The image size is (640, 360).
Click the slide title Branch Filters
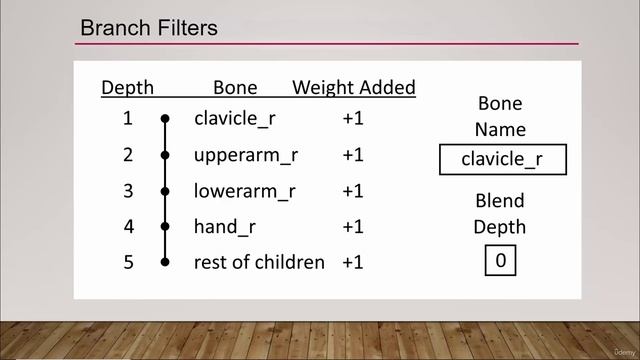pyautogui.click(x=149, y=28)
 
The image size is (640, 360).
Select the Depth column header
pyautogui.click(x=127, y=88)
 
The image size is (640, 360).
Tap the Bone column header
pyautogui.click(x=235, y=88)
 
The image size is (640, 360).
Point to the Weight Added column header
pyautogui.click(x=353, y=88)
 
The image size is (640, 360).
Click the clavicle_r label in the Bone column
pyautogui.click(x=235, y=119)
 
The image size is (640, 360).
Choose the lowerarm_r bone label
pyautogui.click(x=244, y=191)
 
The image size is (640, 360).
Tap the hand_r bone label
pyautogui.click(x=225, y=227)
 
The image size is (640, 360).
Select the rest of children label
pyautogui.click(x=259, y=263)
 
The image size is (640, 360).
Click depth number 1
pyautogui.click(x=127, y=119)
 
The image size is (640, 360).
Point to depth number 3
pyautogui.click(x=127, y=191)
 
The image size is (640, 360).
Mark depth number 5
pyautogui.click(x=127, y=263)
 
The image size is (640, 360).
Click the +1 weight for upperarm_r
pyautogui.click(x=352, y=155)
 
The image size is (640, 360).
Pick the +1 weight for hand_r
pyautogui.click(x=352, y=227)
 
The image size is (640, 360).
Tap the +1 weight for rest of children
pyautogui.click(x=352, y=263)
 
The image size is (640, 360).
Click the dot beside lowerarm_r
pyautogui.click(x=165, y=191)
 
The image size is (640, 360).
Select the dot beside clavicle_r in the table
pyautogui.click(x=165, y=119)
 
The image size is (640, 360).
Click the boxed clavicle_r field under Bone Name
pyautogui.click(x=502, y=160)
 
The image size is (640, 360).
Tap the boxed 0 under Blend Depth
pyautogui.click(x=501, y=262)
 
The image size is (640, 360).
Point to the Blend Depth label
pyautogui.click(x=500, y=214)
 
